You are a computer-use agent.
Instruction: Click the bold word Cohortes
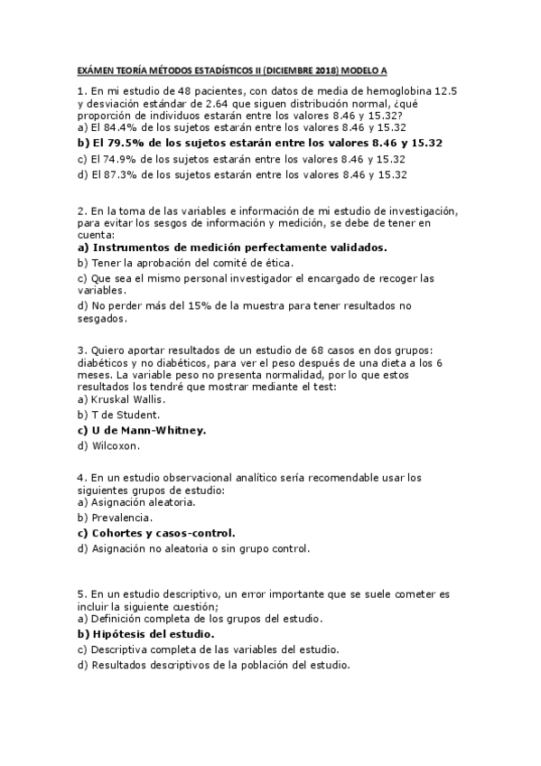pos(123,533)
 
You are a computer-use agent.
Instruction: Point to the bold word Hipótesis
pos(124,634)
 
